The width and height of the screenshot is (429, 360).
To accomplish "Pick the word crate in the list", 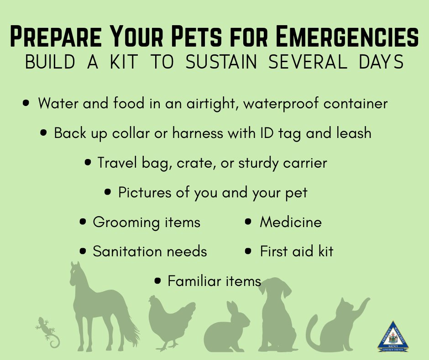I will click(194, 163).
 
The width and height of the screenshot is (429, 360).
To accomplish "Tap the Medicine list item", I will click(291, 222).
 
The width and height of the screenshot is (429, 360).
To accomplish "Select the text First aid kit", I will click(296, 251).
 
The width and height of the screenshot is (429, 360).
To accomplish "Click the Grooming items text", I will click(146, 222).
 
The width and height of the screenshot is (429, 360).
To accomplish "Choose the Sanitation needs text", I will click(150, 251).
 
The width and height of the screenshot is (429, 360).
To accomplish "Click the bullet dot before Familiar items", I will click(158, 281).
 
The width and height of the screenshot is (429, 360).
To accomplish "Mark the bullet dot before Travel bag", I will click(89, 163).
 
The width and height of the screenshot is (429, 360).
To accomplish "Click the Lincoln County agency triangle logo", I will click(393, 338).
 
